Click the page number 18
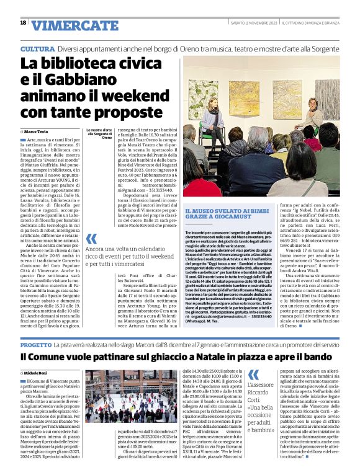coord(23,22)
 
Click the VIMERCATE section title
coord(68,25)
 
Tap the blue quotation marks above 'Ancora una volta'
coord(91,238)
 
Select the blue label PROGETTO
coord(40,344)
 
